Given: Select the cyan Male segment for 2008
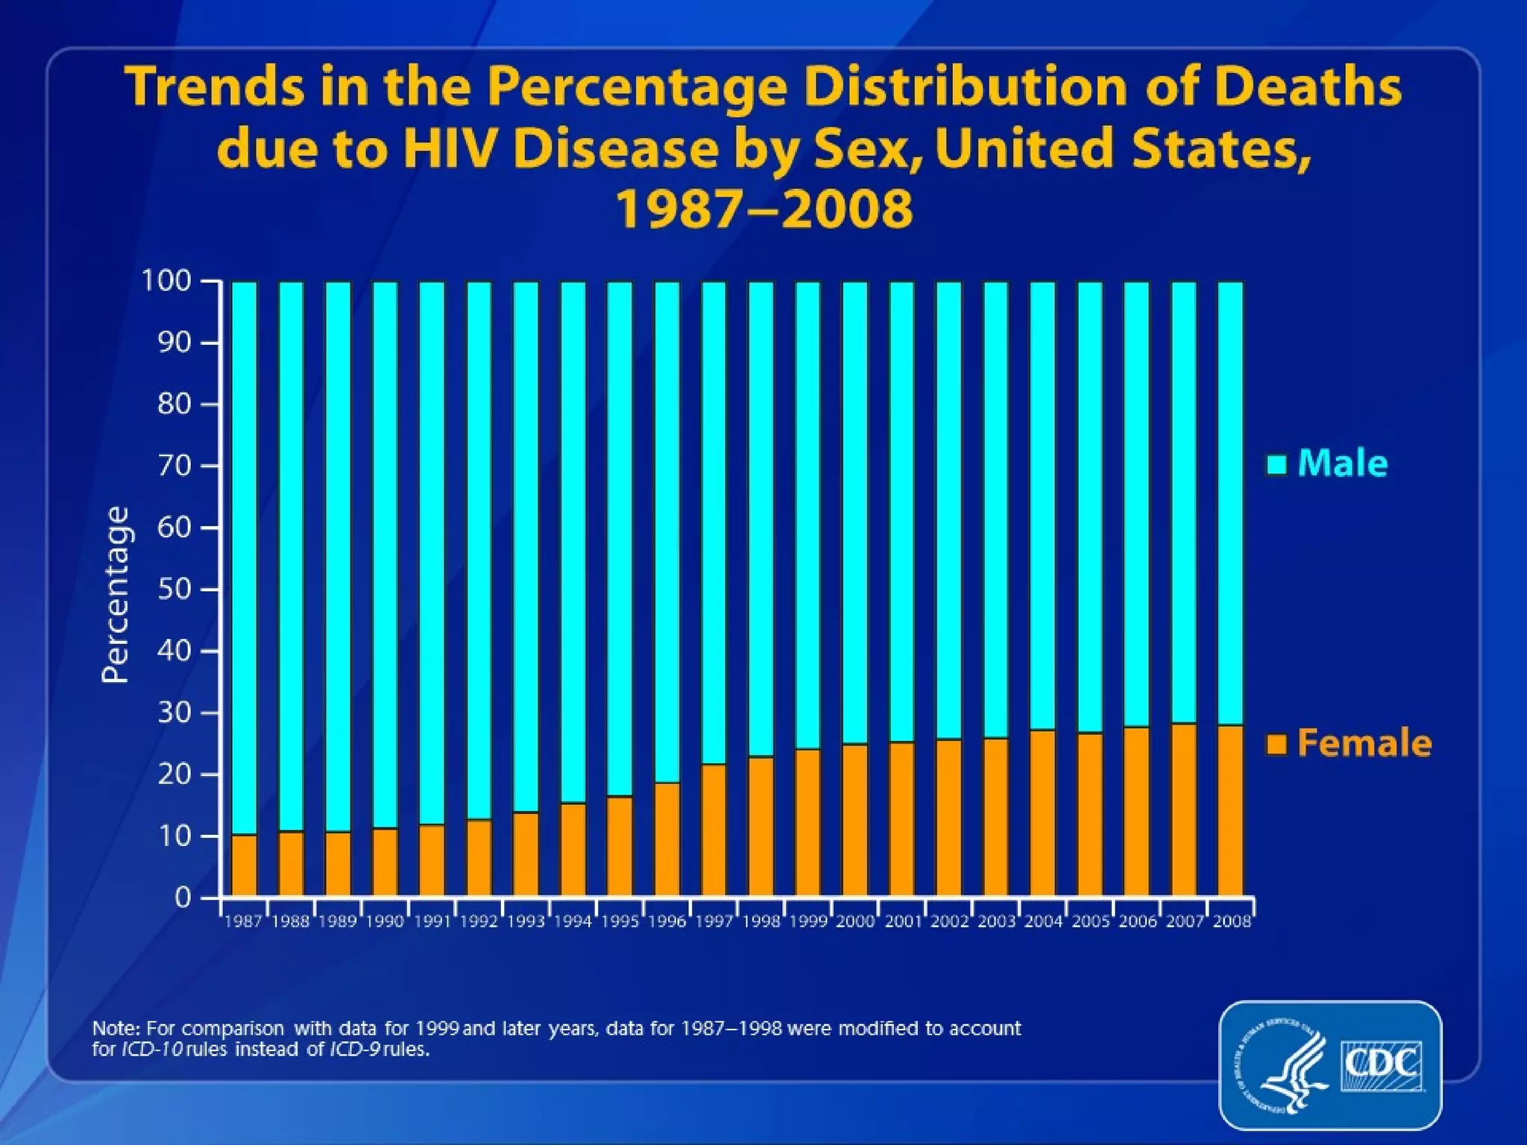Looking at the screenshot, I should [x=1230, y=503].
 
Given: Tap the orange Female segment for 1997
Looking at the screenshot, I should [x=714, y=830].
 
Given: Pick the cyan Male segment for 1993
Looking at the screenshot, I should [x=526, y=546].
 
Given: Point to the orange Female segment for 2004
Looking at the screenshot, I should [x=1042, y=813].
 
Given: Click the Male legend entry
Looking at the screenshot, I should [x=1327, y=464].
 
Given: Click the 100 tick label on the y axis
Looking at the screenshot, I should [x=167, y=281].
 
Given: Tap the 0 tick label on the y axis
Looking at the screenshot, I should [x=183, y=898].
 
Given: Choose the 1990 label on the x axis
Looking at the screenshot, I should [x=385, y=922].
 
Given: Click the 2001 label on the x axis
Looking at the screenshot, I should [x=903, y=922].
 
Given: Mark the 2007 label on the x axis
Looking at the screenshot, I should [x=1185, y=922].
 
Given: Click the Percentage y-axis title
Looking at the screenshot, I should [x=116, y=594].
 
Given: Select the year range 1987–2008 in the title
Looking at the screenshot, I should [x=763, y=208].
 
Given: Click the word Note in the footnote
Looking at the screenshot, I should [x=115, y=1029].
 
